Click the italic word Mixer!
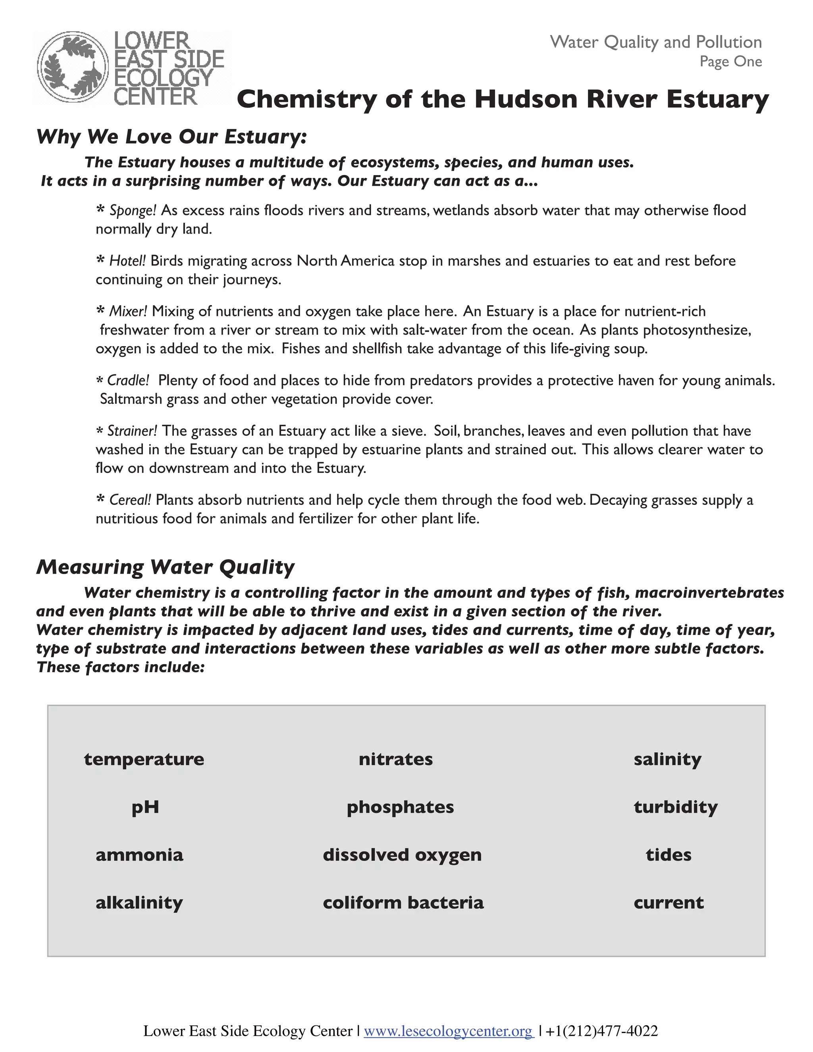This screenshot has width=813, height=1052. tap(128, 311)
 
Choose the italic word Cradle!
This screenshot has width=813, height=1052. tap(128, 381)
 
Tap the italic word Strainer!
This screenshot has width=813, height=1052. tap(132, 431)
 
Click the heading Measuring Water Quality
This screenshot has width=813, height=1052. tap(165, 567)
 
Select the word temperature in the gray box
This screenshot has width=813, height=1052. tap(144, 759)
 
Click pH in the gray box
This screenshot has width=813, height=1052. tap(145, 807)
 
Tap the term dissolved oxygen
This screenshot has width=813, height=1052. tap(402, 855)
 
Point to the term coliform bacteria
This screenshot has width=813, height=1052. tap(403, 902)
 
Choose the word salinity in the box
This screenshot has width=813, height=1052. tap(667, 759)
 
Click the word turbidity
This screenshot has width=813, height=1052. tap(675, 807)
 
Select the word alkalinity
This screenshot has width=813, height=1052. tap(139, 902)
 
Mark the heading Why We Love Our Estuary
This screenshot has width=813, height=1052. tap(171, 137)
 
